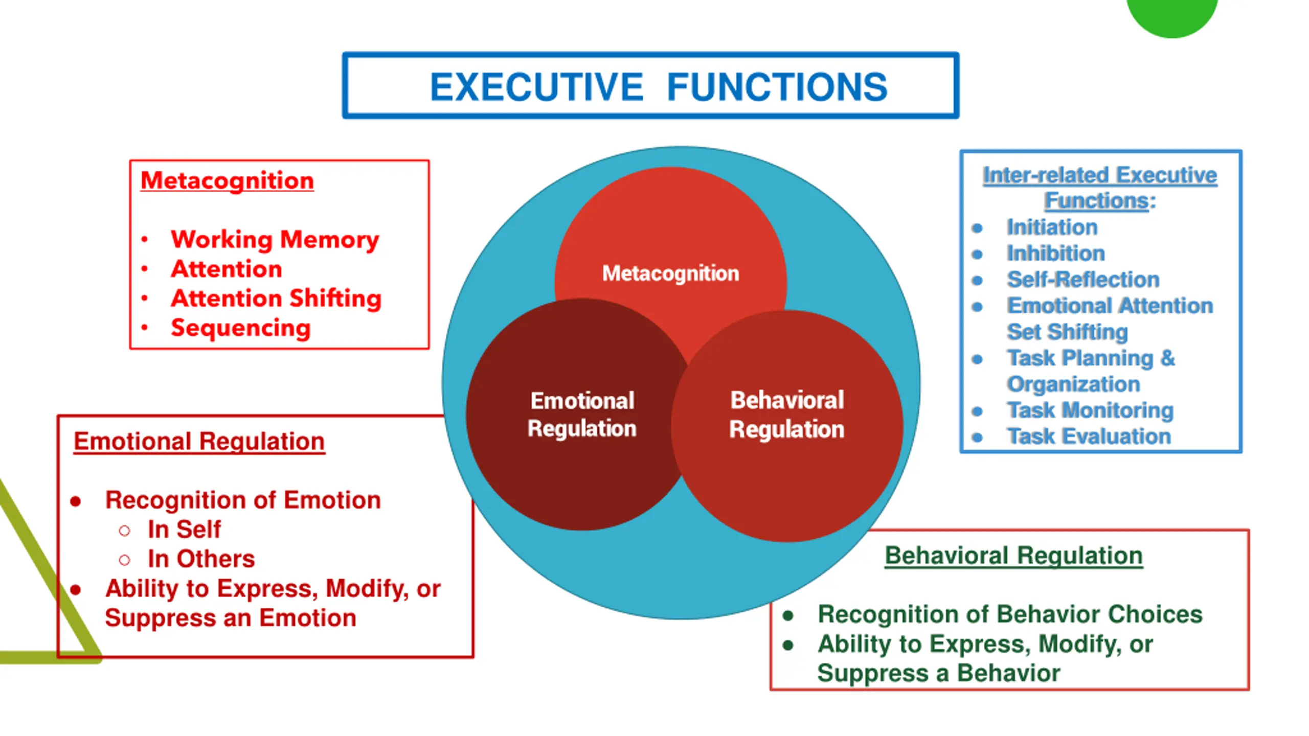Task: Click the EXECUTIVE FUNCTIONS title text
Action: pyautogui.click(x=659, y=87)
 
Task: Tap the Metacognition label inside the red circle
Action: pyautogui.click(x=670, y=273)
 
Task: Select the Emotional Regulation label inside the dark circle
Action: pyautogui.click(x=582, y=415)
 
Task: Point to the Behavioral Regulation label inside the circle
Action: pyautogui.click(x=786, y=415)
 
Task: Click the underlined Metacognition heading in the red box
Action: pyautogui.click(x=227, y=180)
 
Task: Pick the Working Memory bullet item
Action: pyautogui.click(x=275, y=239)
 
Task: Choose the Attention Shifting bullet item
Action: pyautogui.click(x=276, y=298)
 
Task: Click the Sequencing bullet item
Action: pyautogui.click(x=240, y=328)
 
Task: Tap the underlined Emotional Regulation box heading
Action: pyautogui.click(x=199, y=441)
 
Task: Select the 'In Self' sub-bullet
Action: pyautogui.click(x=184, y=530)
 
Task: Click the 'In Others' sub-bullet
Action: pyautogui.click(x=201, y=559)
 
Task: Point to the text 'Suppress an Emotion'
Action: pyautogui.click(x=231, y=618)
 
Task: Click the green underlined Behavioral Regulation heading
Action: pyautogui.click(x=1013, y=556)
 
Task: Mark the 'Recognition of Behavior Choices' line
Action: pyautogui.click(x=1010, y=614)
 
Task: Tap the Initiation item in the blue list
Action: pyautogui.click(x=1052, y=227)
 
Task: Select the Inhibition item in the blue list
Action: pyautogui.click(x=1055, y=254)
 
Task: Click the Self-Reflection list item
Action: pyautogui.click(x=1083, y=280)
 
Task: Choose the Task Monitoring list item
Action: pyautogui.click(x=1090, y=410)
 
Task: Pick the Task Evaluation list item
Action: pyautogui.click(x=1089, y=436)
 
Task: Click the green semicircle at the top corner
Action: pyautogui.click(x=1171, y=15)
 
